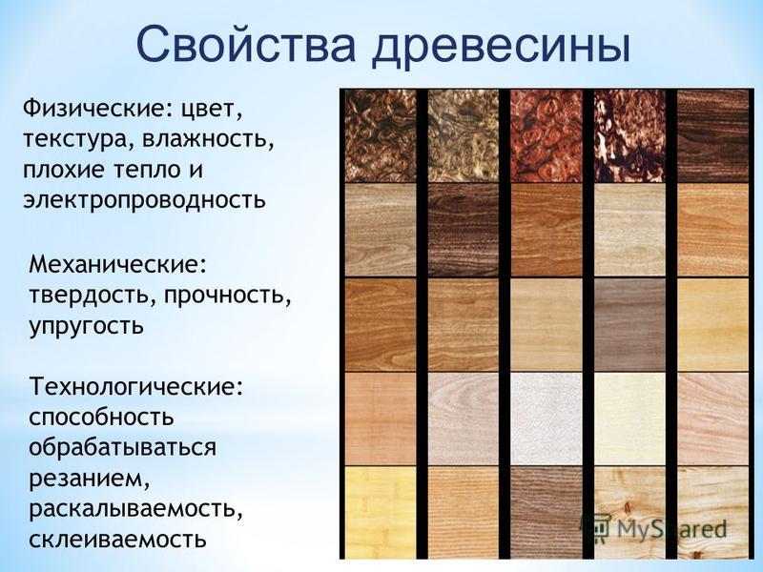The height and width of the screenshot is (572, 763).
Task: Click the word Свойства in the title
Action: click(246, 45)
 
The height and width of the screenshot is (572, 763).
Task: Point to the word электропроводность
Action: click(145, 200)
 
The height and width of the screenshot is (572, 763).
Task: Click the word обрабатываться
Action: click(122, 447)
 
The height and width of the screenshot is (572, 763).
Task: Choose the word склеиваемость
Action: click(117, 540)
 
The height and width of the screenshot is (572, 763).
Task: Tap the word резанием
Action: click(89, 480)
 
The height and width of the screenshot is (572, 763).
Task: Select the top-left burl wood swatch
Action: click(381, 135)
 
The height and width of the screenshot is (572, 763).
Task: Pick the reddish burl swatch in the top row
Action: click(546, 135)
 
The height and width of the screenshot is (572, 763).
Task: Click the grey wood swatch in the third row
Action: click(629, 324)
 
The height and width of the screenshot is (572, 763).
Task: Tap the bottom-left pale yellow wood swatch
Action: click(381, 513)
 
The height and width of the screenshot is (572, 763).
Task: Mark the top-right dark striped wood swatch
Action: click(712, 135)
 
